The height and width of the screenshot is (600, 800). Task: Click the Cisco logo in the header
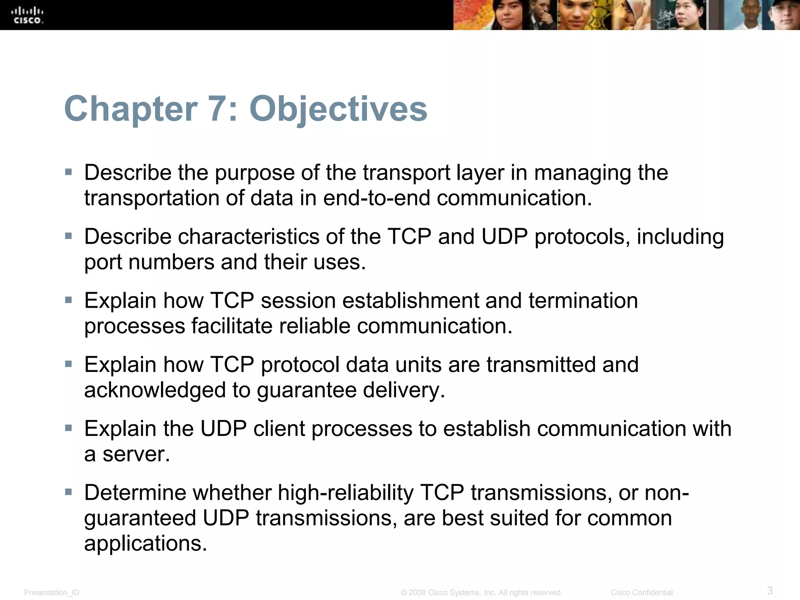tap(27, 15)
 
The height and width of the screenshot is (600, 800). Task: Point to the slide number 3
tap(770, 590)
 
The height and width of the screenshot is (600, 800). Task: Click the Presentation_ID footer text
tap(52, 593)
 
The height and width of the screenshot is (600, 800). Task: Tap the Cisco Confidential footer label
tap(641, 593)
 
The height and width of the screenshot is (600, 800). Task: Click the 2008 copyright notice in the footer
tap(481, 593)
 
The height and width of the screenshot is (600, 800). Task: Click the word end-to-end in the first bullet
tap(377, 198)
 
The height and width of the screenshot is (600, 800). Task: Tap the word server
tap(136, 454)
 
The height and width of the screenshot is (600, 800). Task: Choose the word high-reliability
tap(346, 493)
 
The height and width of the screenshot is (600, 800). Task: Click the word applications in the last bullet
tap(145, 543)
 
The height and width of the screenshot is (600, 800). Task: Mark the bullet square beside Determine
tap(69, 492)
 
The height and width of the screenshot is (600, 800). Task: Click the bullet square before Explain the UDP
tap(69, 428)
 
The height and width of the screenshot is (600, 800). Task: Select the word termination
tap(583, 301)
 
